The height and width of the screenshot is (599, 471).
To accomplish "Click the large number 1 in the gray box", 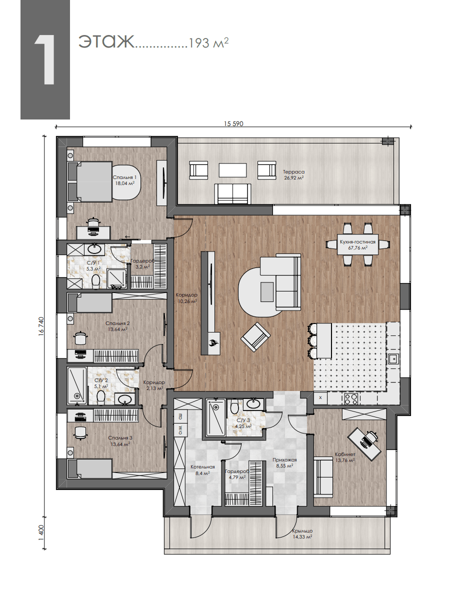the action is pyautogui.click(x=44, y=60).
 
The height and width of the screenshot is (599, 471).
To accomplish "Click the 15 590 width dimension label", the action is pyautogui.click(x=233, y=124).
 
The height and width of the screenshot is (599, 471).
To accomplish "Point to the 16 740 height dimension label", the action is pyautogui.click(x=41, y=326).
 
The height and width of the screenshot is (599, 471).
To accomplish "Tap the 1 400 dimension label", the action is pyautogui.click(x=41, y=532).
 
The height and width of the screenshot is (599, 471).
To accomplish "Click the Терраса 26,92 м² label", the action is pyautogui.click(x=294, y=174).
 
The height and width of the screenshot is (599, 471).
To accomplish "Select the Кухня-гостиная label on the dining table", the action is pyautogui.click(x=357, y=242).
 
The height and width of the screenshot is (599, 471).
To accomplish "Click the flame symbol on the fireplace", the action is pyautogui.click(x=213, y=342).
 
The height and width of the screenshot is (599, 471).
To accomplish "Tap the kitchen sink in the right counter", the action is pyautogui.click(x=393, y=359).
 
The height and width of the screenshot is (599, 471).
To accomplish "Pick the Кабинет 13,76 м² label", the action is pyautogui.click(x=345, y=457).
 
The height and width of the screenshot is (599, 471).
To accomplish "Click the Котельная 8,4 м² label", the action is pyautogui.click(x=202, y=470).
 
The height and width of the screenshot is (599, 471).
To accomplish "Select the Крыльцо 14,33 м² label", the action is pyautogui.click(x=302, y=533).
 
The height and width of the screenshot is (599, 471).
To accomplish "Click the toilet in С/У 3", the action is pyautogui.click(x=234, y=407).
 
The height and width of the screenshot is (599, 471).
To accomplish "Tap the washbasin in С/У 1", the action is pyautogui.click(x=94, y=249).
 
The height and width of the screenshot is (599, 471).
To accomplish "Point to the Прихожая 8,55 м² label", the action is pyautogui.click(x=284, y=462).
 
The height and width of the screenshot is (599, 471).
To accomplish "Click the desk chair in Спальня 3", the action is pyautogui.click(x=80, y=432).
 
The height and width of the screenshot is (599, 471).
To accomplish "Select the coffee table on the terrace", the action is pyautogui.click(x=232, y=170).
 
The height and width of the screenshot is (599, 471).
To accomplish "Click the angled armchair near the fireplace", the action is pyautogui.click(x=255, y=336).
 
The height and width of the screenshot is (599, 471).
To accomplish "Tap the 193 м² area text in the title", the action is pyautogui.click(x=208, y=42).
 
